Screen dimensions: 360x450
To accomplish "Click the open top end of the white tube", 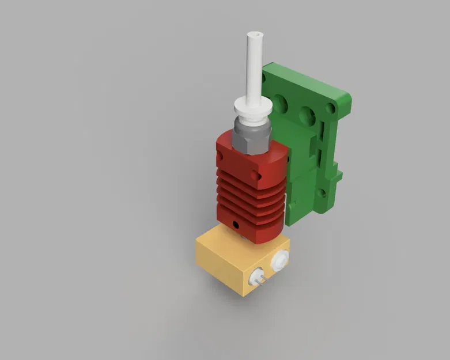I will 254,35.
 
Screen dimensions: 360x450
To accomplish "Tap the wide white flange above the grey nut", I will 252,106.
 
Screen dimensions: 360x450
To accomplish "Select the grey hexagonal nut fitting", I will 252,134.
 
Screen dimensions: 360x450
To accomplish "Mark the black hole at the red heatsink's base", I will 235,223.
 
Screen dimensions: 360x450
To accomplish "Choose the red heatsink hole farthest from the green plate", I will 218,156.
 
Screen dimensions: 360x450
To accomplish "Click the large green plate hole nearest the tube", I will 281,104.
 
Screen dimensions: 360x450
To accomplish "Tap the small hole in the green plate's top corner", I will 330,108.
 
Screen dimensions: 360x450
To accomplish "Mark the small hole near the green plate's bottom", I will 321,194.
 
